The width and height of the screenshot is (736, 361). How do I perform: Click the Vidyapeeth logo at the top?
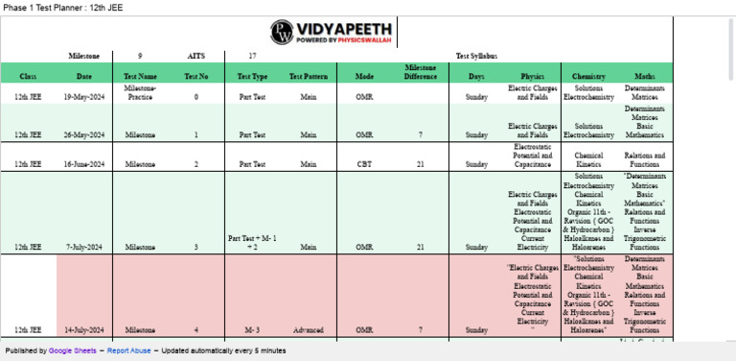coord(336,33)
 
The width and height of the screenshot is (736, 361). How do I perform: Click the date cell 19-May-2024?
coord(84,97)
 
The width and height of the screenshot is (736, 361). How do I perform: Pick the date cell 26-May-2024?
coord(84,135)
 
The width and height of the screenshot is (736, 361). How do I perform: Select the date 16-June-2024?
coord(84,164)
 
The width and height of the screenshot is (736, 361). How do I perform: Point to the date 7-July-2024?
coord(84,247)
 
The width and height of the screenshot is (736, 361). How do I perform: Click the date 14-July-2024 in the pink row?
coord(84,329)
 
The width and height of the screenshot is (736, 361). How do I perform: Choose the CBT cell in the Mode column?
coord(364,164)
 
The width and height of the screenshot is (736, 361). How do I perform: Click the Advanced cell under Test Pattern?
coord(308,329)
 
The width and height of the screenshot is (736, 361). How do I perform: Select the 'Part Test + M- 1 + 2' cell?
coord(253,242)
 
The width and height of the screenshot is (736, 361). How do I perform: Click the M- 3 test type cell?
coord(253,329)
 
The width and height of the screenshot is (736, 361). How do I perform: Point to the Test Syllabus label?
coord(476,56)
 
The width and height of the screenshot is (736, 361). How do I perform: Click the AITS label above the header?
coord(196,56)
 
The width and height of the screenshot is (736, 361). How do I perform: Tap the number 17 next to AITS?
coord(252,56)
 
